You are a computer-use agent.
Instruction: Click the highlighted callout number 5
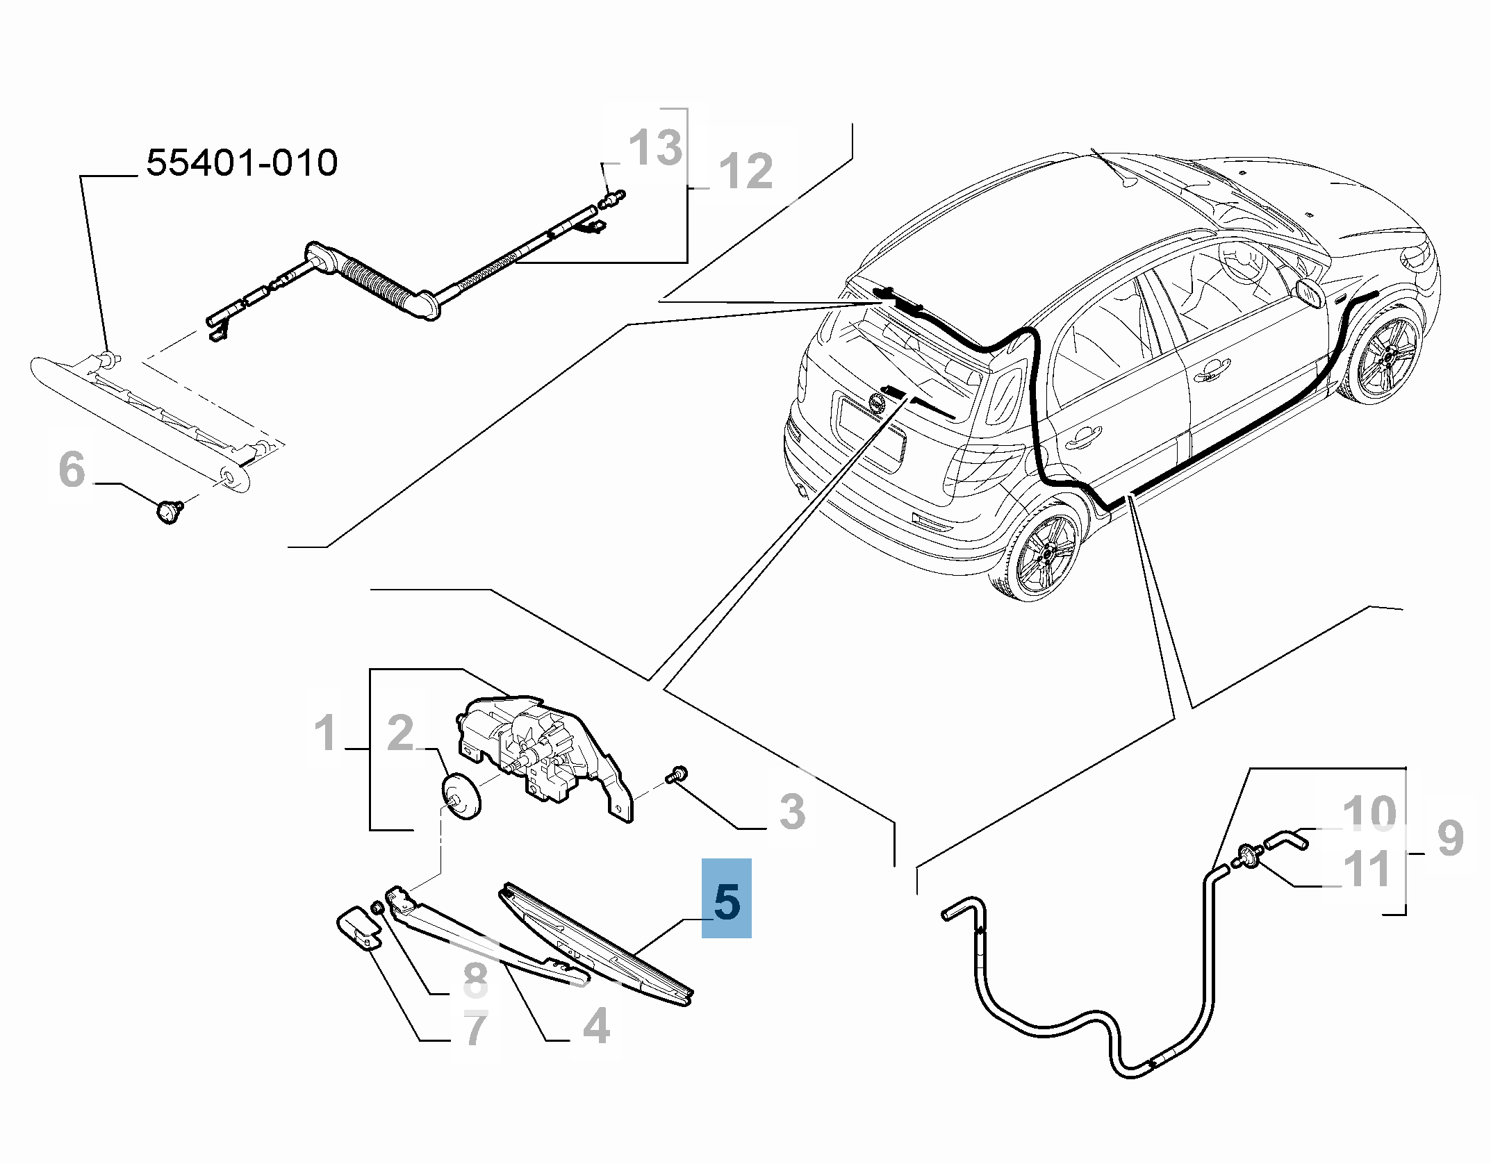click(x=727, y=901)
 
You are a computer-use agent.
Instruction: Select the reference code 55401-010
click(x=242, y=163)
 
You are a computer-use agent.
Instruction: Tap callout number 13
click(x=655, y=147)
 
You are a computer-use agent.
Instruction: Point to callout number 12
click(x=745, y=171)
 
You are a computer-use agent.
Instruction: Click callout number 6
click(x=72, y=469)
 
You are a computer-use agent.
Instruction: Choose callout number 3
click(x=791, y=811)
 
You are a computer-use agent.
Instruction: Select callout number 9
click(x=1449, y=838)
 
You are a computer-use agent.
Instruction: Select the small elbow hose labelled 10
click(x=1285, y=841)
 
